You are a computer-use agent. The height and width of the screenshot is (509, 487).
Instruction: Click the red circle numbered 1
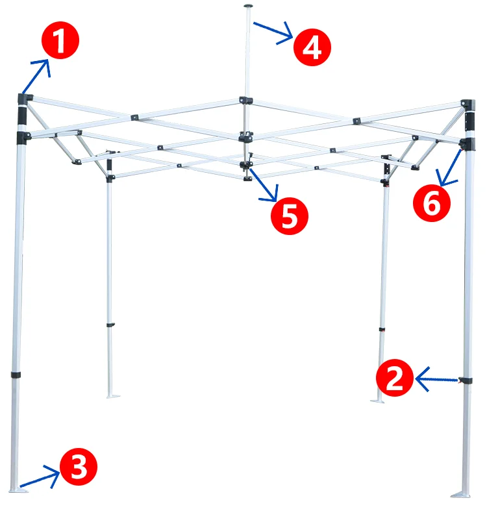[60, 40]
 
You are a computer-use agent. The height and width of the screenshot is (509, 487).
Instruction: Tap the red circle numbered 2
[395, 378]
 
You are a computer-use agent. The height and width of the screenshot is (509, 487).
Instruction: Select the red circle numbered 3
[79, 467]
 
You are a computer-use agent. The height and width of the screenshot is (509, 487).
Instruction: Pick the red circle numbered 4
[312, 47]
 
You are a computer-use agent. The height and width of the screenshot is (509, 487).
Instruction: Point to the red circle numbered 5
[290, 216]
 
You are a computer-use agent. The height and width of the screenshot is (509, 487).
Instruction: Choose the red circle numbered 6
[431, 203]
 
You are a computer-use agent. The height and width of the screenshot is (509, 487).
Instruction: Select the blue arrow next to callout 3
[40, 479]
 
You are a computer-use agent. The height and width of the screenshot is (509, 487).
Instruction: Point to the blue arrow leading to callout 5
[264, 184]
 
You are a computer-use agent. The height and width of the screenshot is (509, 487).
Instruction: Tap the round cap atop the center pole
[248, 6]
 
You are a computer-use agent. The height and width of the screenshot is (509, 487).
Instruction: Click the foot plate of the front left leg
[18, 490]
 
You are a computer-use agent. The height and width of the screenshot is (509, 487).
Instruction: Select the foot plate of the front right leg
[461, 495]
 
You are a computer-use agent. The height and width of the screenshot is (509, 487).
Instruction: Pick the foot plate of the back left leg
[113, 396]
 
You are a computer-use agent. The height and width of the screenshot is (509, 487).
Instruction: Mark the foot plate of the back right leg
[377, 401]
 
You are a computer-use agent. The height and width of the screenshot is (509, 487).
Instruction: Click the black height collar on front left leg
[16, 375]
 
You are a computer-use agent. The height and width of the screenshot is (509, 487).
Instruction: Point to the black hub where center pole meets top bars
[246, 100]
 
